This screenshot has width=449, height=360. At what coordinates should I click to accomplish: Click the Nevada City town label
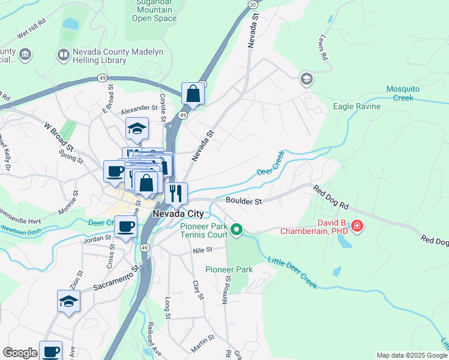tap(179, 214)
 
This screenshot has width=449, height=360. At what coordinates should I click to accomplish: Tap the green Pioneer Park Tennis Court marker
tap(237, 230)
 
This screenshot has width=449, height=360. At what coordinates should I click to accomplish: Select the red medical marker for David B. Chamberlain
tap(357, 226)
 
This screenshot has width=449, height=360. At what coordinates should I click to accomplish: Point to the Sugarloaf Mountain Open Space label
tap(154, 11)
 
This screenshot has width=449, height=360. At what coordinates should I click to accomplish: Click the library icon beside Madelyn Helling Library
tap(63, 56)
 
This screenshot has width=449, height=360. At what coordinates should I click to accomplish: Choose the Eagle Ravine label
tap(357, 107)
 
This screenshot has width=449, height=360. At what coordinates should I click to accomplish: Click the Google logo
tap(20, 353)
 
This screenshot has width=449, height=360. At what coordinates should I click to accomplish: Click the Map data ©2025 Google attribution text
tap(412, 355)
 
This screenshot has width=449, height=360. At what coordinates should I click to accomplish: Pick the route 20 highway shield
tap(253, 4)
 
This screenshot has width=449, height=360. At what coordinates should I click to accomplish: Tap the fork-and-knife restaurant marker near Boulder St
tap(176, 193)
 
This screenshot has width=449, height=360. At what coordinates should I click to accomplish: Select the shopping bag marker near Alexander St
tap(193, 93)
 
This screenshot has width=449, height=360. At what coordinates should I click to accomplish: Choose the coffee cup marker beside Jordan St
tap(125, 226)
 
